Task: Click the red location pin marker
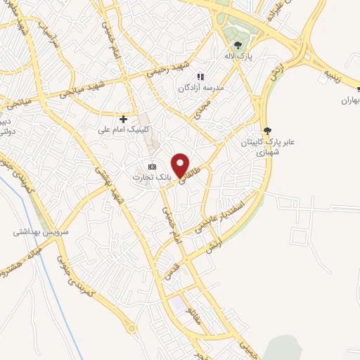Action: point(181,165)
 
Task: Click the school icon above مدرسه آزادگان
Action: point(200,76)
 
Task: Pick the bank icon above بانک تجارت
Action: point(151,167)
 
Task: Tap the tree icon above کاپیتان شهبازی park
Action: point(267,130)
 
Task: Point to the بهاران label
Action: point(349,101)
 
